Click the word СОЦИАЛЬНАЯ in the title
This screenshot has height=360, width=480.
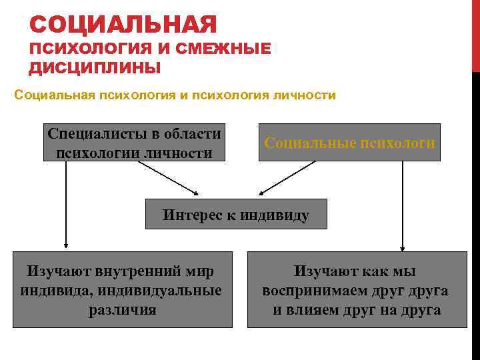click(123, 25)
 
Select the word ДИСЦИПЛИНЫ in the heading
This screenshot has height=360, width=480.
click(95, 68)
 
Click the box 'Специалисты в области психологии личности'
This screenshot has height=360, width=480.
click(135, 142)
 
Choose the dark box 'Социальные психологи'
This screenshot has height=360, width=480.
click(349, 142)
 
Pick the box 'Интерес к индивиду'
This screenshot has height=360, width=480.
click(236, 214)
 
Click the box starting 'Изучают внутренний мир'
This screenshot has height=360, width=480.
click(122, 289)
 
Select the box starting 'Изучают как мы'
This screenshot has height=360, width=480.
click(357, 289)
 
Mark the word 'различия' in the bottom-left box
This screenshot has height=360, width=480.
click(122, 310)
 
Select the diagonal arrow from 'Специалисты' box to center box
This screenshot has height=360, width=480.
click(169, 179)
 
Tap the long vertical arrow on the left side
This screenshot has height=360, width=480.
click(65, 203)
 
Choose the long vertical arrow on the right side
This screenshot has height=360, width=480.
click(403, 203)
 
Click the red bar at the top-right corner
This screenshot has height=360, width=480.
click(475, 33)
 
